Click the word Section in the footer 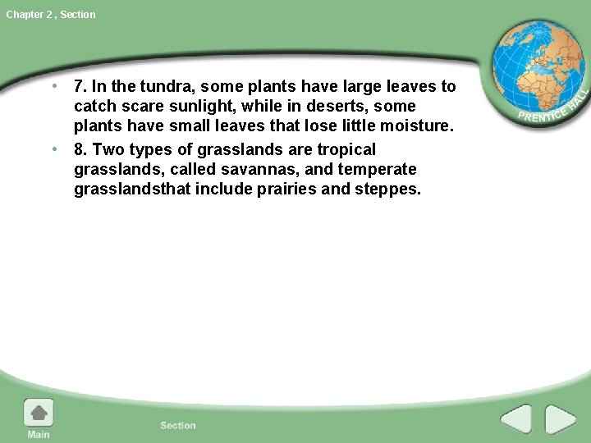[178, 425]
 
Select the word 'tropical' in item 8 [345, 149]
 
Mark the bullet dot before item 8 [53, 149]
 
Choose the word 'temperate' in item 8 [381, 169]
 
